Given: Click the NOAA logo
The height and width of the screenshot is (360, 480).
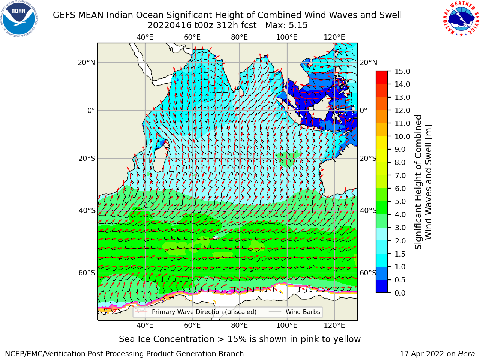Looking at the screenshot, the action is point(19,19).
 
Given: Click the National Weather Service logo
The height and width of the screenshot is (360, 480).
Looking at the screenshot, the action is point(461,18).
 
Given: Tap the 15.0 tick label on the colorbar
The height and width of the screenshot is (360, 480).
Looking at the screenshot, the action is point(402,71).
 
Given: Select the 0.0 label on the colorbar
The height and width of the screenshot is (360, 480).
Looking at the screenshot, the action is point(400,293).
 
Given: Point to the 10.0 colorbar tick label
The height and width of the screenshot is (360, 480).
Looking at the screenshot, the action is point(402,136).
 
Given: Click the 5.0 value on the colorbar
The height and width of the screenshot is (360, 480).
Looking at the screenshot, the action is point(400,201).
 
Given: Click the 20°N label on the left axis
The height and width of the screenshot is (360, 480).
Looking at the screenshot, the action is point(87,63).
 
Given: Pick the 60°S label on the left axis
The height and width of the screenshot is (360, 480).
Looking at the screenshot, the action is point(87,273).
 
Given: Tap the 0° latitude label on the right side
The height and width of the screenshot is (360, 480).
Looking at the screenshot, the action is point(363,110).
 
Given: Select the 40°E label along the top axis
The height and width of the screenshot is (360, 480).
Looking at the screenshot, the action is point(145,37).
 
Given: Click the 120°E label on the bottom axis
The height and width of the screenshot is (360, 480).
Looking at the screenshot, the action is point(334,325).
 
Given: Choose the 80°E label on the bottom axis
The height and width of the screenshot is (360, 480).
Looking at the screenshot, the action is point(240,325).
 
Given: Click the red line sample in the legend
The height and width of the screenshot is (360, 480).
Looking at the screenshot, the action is point(141,312).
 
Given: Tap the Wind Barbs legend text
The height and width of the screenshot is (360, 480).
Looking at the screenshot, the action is point(303,312).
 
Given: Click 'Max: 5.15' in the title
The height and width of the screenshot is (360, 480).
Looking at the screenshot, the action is point(286,25).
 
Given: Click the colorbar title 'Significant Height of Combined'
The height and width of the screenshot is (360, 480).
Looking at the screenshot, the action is point(418,182).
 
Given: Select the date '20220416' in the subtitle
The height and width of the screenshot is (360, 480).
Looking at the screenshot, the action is point(169,25).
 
